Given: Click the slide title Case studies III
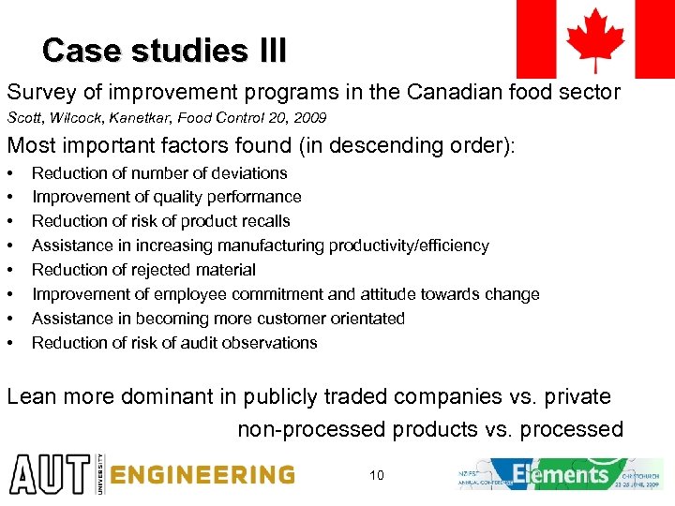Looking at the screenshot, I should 164,50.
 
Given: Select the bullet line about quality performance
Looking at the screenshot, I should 166,197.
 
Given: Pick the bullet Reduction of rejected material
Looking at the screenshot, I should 143,270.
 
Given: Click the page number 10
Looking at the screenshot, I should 376,475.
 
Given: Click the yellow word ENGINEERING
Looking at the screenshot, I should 202,474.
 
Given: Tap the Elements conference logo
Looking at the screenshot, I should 560,474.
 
